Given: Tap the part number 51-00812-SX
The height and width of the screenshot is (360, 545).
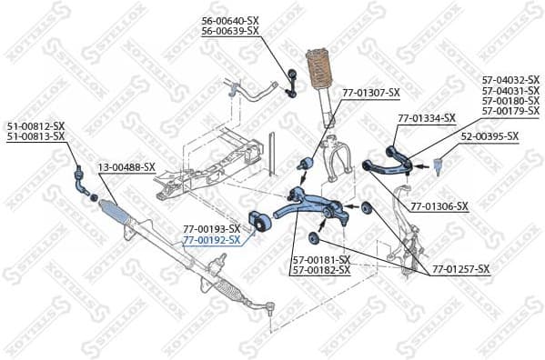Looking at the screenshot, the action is [36, 125].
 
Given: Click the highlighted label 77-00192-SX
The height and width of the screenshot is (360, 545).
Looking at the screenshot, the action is [212, 240].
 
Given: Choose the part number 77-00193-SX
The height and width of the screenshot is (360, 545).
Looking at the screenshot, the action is [212, 229].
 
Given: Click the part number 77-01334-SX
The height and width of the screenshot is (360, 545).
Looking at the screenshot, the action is [426, 117].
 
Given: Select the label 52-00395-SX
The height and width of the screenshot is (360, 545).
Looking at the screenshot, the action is [489, 136].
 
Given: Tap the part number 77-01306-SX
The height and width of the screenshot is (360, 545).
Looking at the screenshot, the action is [439, 206].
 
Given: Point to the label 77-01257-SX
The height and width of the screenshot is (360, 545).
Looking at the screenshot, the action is [460, 269].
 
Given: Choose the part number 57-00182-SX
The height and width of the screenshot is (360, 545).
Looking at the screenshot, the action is [321, 270].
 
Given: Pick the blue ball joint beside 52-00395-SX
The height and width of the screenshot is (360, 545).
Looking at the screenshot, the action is [437, 165].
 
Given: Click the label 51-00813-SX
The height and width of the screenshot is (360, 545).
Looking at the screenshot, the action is [36, 136].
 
